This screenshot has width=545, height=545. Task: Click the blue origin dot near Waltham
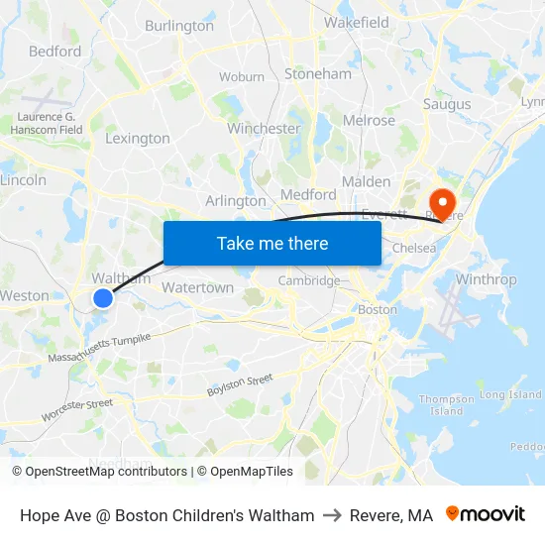pyautogui.click(x=103, y=297)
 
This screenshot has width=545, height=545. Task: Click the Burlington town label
pyautogui.click(x=179, y=26)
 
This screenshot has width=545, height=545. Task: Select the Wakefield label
pyautogui.click(x=356, y=22)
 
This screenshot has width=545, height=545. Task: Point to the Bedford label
pyautogui.click(x=54, y=51)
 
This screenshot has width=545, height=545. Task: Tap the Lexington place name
pyautogui.click(x=138, y=139)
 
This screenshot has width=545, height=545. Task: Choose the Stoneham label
pyautogui.click(x=318, y=74)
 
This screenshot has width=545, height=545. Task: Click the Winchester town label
pyautogui.click(x=264, y=129)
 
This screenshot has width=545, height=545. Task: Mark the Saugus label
pyautogui.click(x=447, y=103)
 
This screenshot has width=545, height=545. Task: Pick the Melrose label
pyautogui.click(x=369, y=121)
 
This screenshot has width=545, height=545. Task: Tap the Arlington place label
pyautogui.click(x=236, y=201)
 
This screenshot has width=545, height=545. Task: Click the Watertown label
pyautogui.click(x=197, y=288)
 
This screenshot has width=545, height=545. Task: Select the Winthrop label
pyautogui.click(x=486, y=279)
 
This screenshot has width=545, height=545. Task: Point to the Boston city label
pyautogui.click(x=377, y=309)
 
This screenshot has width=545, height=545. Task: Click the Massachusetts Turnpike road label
pyautogui.click(x=99, y=348)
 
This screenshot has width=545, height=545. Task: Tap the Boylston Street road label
pyautogui.click(x=240, y=385)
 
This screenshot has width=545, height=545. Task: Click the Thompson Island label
pyautogui.click(x=447, y=404)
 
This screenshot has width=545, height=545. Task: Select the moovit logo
pyautogui.click(x=486, y=515)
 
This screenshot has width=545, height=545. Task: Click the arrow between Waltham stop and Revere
pyautogui.click(x=332, y=515)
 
